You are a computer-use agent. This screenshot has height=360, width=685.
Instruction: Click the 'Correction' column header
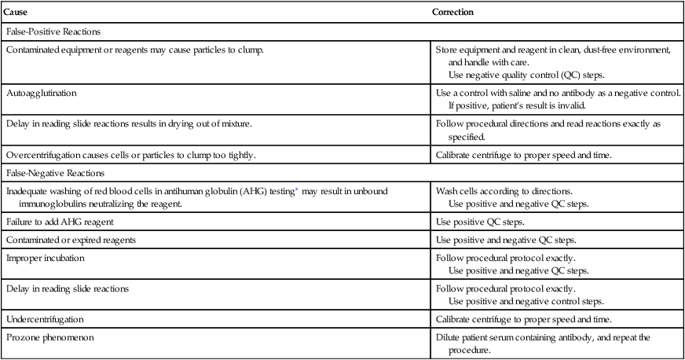tap(452, 13)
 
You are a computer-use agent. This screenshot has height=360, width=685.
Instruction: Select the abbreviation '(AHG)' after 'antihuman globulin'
tap(186, 190)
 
